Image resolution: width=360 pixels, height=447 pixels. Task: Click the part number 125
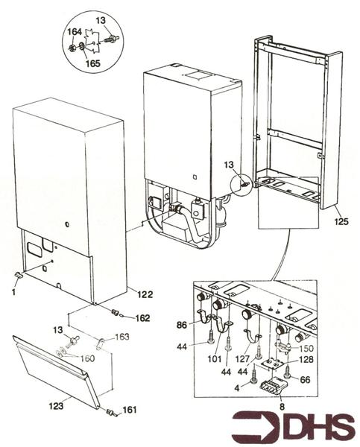(341, 221)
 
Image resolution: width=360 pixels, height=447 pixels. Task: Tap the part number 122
(145, 294)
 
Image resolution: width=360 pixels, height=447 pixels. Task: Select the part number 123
(56, 405)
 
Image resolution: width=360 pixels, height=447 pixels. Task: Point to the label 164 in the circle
(75, 32)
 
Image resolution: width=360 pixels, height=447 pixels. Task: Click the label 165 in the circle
(93, 63)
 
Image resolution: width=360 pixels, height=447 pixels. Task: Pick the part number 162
(142, 318)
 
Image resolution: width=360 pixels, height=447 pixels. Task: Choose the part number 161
(130, 410)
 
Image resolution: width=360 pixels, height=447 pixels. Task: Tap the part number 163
(121, 337)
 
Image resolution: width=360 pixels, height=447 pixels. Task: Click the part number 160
(87, 358)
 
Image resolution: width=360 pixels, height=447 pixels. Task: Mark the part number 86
(182, 325)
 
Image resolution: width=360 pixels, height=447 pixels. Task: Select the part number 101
(214, 358)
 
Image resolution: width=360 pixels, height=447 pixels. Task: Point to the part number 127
(243, 358)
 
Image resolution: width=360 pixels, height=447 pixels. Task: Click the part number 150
(306, 349)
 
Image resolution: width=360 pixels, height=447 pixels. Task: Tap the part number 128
(306, 360)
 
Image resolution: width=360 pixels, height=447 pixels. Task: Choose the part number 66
(305, 379)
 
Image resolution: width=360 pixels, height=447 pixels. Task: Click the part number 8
(282, 407)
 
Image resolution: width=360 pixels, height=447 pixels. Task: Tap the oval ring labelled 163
(101, 343)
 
